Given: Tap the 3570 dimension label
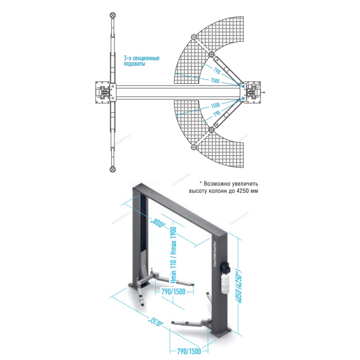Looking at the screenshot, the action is [156, 321].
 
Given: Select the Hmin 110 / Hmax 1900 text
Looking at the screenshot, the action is [173, 255].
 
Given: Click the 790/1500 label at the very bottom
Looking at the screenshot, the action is [189, 351].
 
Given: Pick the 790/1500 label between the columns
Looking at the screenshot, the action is [174, 292].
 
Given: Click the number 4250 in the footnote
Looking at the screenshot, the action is [242, 191].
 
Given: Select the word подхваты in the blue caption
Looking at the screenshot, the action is [134, 64].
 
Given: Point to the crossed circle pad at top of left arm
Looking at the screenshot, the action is [113, 15].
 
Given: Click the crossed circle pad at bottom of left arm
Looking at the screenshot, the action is [113, 169].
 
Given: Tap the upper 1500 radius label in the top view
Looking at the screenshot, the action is [215, 80].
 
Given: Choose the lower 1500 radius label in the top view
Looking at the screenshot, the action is [215, 105].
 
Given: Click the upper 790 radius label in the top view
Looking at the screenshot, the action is [217, 71].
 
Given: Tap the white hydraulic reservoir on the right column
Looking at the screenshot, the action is [224, 284].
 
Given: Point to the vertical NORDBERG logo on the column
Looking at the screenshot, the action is [215, 254].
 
